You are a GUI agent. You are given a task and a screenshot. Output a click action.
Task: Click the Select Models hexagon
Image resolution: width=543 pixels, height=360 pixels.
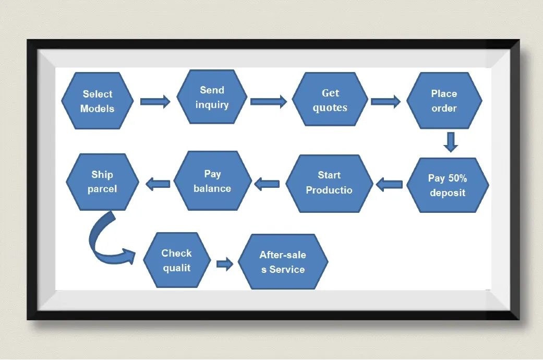coord(98,101)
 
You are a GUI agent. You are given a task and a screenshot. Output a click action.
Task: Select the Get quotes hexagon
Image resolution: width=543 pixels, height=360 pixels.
coord(330,100)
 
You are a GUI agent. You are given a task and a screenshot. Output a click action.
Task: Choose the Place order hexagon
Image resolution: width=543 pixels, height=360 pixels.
coord(444,101)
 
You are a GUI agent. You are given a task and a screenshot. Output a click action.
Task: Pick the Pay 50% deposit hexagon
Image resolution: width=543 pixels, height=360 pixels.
coord(447,185)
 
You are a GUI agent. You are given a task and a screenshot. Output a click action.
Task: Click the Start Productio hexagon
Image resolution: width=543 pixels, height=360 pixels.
coord(329,183)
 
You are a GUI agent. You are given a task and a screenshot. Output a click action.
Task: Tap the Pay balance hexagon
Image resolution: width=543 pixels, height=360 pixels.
coord(212,181)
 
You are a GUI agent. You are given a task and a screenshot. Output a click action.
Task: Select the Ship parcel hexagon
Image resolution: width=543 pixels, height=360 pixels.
coord(102,182)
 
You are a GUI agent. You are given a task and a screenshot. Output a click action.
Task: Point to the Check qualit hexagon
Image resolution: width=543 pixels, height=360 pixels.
coord(176,260)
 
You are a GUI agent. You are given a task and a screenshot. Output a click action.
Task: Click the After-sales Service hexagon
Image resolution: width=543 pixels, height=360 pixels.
coord(283,262)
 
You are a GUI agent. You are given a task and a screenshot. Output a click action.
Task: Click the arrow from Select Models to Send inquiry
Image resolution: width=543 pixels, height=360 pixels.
coord(155,101)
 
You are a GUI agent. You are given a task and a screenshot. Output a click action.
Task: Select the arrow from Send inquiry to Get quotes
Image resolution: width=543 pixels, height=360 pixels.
coord(269,101)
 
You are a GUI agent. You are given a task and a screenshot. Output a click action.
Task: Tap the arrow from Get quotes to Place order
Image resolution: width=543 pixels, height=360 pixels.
coord(385,101)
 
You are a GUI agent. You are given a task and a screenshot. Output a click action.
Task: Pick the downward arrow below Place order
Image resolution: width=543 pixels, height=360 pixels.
coord(451,141)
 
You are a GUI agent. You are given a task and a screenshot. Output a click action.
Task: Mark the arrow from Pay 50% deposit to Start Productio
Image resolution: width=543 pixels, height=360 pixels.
coord(389,184)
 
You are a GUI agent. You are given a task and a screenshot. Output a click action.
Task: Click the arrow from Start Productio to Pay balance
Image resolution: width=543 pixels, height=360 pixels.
coord(267,184)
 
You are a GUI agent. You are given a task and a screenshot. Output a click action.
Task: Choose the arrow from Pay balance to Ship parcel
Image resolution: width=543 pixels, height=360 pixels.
coord(158,183)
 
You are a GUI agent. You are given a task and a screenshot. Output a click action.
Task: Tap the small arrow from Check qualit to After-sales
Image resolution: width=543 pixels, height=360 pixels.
coord(225,264)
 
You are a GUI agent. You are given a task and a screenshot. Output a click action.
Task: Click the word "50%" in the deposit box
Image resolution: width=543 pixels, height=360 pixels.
coord(457,178)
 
